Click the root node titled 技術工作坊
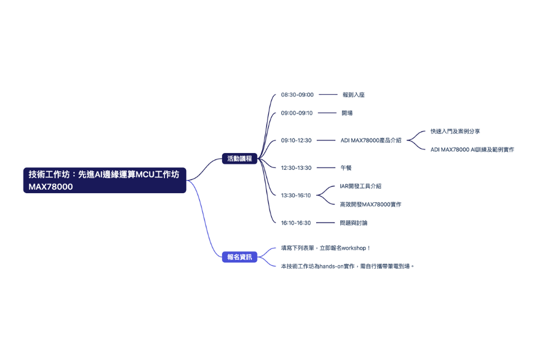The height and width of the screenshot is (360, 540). coord(106,180)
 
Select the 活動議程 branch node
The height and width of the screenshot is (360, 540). coord(239,159)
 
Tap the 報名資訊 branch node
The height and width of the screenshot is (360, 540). coord(239,257)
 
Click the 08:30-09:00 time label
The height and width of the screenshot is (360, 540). coord(297,95)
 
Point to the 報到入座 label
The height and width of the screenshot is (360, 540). coord(353,95)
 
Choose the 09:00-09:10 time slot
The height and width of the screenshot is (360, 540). coord(297,113)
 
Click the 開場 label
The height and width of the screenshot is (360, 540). coord(347,113)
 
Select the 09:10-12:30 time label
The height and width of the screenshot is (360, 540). coord(296,140)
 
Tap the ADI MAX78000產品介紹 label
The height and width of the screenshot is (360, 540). coord(371,140)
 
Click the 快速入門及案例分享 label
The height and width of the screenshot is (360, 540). coord(455,131)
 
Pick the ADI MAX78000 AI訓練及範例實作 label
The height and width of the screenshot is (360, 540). coord(472,149)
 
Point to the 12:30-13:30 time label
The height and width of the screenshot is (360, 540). coord(296,168)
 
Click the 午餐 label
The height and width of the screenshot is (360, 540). coord(346,168)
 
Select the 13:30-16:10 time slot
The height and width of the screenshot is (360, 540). coord(296,195)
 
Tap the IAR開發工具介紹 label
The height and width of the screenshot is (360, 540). coord(360,186)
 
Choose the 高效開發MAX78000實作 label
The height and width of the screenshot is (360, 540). coord(370,205)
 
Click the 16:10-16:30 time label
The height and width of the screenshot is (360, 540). coord(296,223)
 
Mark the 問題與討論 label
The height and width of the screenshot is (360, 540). coord(353,223)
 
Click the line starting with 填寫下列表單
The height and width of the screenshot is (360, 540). coord(326,248)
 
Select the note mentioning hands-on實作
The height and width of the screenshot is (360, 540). coord(348,266)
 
